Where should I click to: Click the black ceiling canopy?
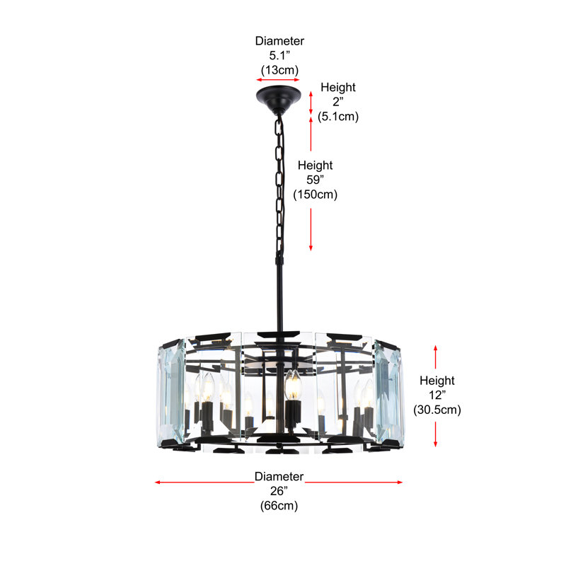[278, 97]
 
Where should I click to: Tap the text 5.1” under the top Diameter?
[279, 56]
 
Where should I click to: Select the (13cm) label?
[279, 69]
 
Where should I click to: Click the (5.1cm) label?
[338, 116]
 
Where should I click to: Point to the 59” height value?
[315, 180]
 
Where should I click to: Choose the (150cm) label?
[315, 194]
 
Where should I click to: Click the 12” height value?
[437, 395]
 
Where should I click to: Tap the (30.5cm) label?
[437, 410]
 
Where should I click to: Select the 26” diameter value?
[279, 491]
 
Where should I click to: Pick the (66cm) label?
[279, 505]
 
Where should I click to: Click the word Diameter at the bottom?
[279, 476]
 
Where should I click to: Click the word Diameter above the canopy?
[279, 41]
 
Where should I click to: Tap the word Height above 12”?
[437, 381]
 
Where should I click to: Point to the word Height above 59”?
[315, 165]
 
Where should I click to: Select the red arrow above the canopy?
[278, 80]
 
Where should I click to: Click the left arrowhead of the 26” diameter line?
[157, 483]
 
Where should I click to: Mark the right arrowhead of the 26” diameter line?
[400, 483]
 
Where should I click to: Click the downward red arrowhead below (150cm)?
[311, 248]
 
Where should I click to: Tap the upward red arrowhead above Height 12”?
[435, 348]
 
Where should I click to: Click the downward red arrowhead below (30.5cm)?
[435, 444]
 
